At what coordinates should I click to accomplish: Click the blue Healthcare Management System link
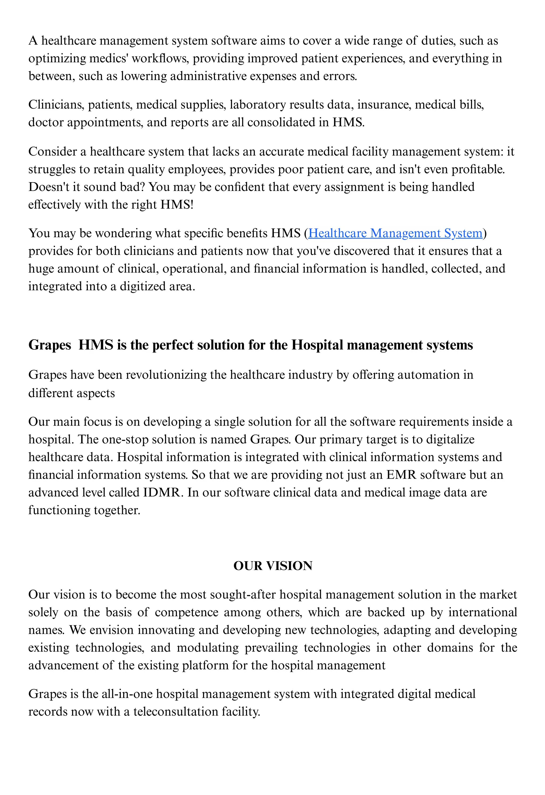point(395,233)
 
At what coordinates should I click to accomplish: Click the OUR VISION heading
point(272,566)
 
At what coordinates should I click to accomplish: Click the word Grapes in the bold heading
point(49,345)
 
